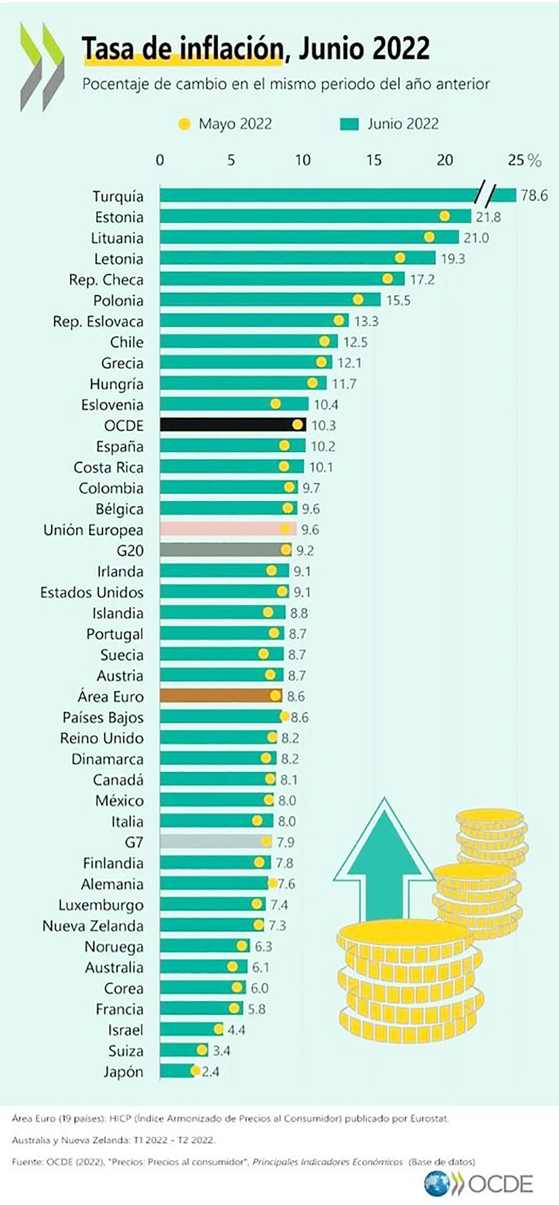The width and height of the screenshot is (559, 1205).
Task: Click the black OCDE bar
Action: tap(232, 425)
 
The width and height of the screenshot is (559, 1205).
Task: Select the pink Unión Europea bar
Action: tap(227, 529)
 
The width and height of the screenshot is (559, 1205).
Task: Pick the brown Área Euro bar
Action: tap(220, 696)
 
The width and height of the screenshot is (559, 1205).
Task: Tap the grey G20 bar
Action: tap(222, 550)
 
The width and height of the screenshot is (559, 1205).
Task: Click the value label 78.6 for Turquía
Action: tap(534, 195)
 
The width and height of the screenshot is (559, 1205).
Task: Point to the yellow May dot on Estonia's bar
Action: tap(444, 216)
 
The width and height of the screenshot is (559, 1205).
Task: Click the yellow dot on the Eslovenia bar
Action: tap(276, 404)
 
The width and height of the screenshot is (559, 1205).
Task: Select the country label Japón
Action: tap(123, 1071)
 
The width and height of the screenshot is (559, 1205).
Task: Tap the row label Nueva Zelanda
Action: tap(93, 926)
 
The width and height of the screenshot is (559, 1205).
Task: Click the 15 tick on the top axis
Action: tap(374, 160)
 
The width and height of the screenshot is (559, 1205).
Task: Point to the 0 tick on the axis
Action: tap(160, 160)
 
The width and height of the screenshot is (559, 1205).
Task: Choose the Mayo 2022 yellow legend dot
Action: tap(185, 124)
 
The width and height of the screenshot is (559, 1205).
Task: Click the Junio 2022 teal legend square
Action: tap(349, 124)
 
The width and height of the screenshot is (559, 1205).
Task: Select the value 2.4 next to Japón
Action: tap(210, 1071)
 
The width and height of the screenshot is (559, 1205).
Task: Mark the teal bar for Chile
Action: tap(241, 342)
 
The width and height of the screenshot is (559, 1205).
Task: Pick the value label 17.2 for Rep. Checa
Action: tap(422, 279)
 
